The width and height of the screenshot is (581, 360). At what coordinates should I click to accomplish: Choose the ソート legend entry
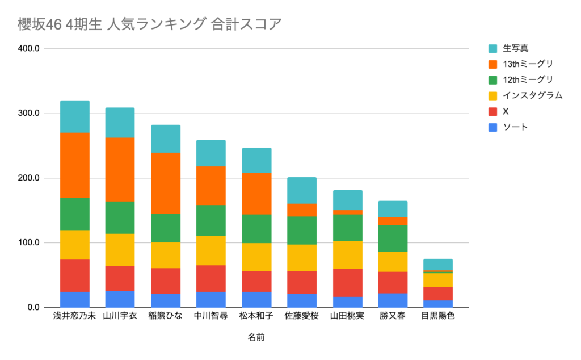[515, 127]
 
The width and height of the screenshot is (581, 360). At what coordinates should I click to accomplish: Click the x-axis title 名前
[256, 337]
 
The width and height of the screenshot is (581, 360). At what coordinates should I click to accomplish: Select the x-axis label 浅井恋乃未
[74, 316]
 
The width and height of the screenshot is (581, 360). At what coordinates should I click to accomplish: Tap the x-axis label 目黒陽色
[437, 316]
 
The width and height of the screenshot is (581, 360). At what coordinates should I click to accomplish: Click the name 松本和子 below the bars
[256, 316]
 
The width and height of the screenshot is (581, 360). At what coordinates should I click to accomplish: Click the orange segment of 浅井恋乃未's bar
[74, 165]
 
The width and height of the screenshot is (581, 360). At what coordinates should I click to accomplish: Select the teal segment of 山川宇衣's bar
[120, 123]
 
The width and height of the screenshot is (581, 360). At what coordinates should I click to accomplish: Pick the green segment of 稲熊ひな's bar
[165, 228]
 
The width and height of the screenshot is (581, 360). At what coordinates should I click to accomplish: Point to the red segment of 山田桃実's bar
[347, 283]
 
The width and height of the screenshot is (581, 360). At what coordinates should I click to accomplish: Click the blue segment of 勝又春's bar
[392, 300]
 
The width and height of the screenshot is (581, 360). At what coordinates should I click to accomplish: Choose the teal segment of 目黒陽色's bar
[437, 264]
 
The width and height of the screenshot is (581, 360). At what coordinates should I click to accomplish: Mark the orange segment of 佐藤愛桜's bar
[301, 210]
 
